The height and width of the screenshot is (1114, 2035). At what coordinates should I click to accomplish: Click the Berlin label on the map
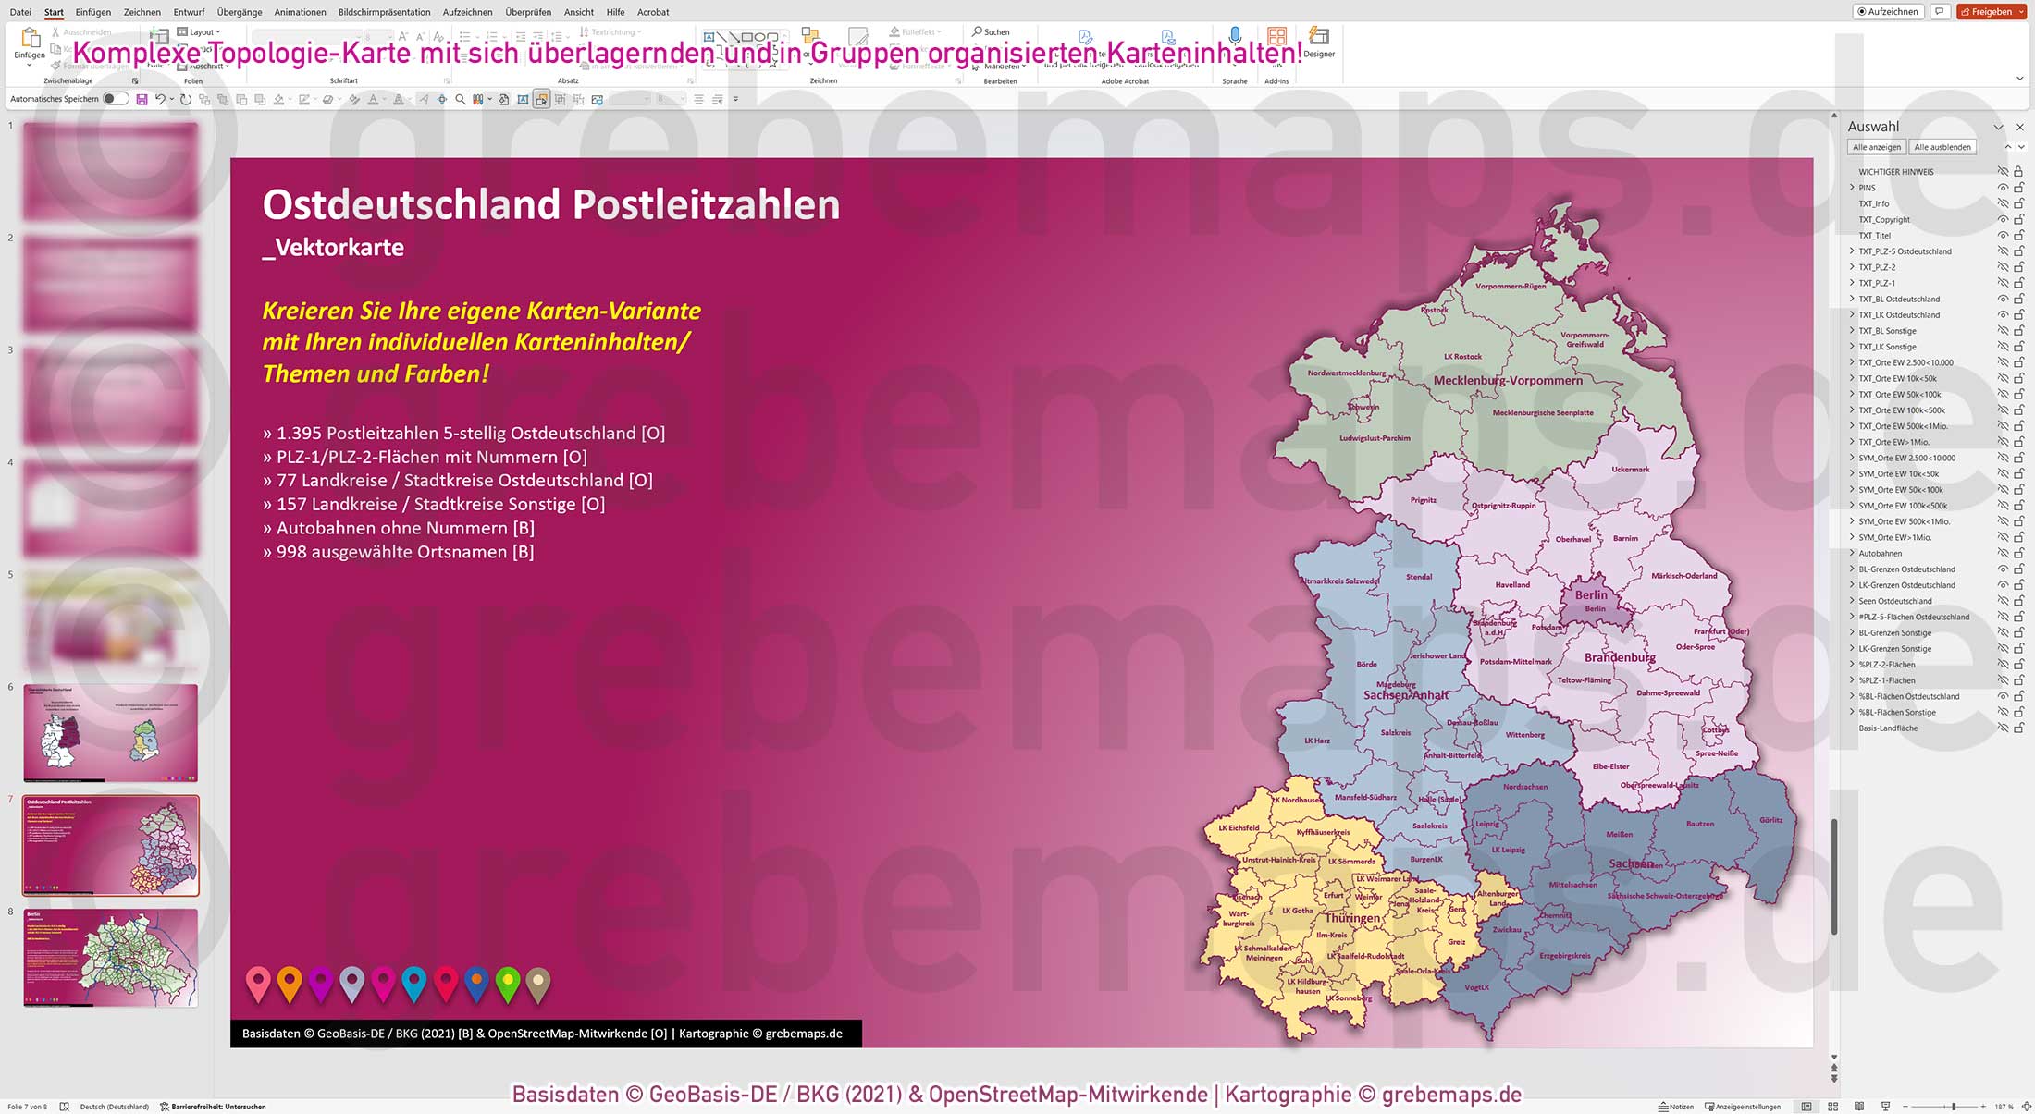1591,594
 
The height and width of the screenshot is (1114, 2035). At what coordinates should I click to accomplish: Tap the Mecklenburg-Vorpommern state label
1507,380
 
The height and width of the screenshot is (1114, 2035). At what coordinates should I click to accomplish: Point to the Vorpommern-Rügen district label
1510,287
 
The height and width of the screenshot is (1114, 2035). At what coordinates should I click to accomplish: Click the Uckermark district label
1630,470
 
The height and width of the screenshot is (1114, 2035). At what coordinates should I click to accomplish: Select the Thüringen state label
1352,918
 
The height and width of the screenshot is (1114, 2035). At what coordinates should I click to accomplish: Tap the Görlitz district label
1770,820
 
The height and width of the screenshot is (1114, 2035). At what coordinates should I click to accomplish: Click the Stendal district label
1418,577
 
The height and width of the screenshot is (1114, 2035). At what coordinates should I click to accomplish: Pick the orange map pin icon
290,984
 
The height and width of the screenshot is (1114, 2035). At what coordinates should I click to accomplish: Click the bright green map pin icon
507,984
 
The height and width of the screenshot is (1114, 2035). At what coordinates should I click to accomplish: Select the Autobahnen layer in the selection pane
1881,554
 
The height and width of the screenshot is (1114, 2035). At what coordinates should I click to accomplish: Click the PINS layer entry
1868,188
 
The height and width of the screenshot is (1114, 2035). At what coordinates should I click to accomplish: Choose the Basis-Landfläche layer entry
1888,728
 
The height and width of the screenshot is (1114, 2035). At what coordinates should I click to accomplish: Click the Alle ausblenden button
1942,147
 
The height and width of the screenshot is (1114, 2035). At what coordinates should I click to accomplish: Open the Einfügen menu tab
92,12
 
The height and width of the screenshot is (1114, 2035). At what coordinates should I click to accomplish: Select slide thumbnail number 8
110,958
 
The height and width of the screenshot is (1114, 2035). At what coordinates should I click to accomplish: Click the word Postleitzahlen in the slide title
706,204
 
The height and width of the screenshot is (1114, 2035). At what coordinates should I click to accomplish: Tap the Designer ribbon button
1318,43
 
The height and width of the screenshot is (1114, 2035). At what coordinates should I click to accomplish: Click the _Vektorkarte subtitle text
333,248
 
